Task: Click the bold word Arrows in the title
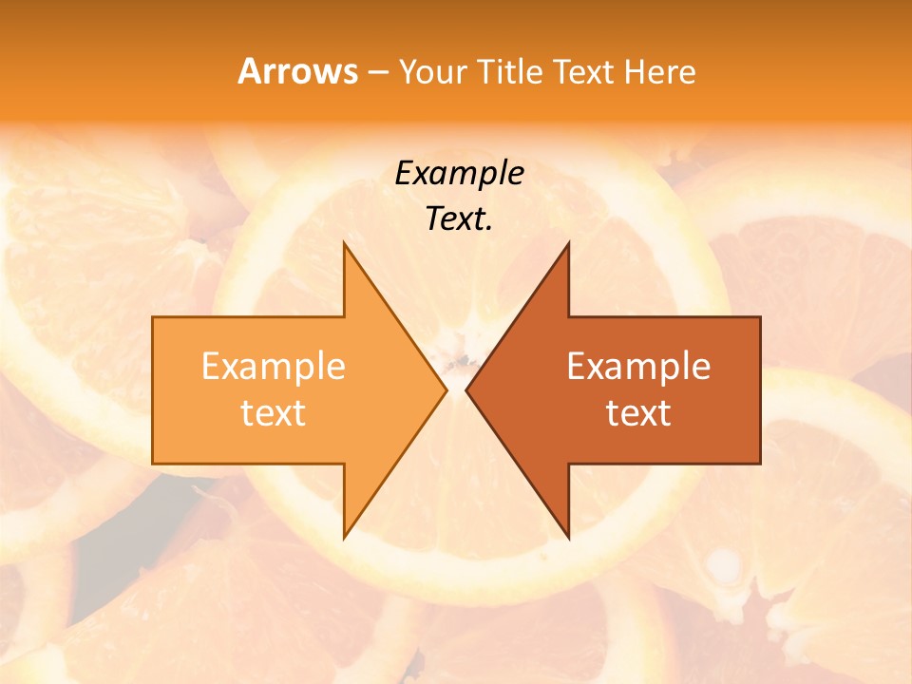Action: [298, 71]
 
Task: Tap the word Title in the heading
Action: [509, 71]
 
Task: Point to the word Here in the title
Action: [660, 71]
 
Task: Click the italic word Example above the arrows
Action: [459, 173]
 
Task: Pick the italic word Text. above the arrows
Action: [459, 219]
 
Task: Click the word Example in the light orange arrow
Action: [274, 366]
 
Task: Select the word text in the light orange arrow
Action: [274, 413]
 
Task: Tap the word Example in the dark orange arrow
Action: [638, 366]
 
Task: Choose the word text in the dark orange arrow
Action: [638, 413]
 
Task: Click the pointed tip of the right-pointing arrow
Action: [446, 389]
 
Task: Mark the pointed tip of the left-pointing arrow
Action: [466, 389]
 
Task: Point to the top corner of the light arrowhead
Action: [345, 243]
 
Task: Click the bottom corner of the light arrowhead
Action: [345, 538]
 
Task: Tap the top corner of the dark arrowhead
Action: [568, 243]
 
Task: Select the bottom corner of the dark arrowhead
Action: [568, 538]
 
